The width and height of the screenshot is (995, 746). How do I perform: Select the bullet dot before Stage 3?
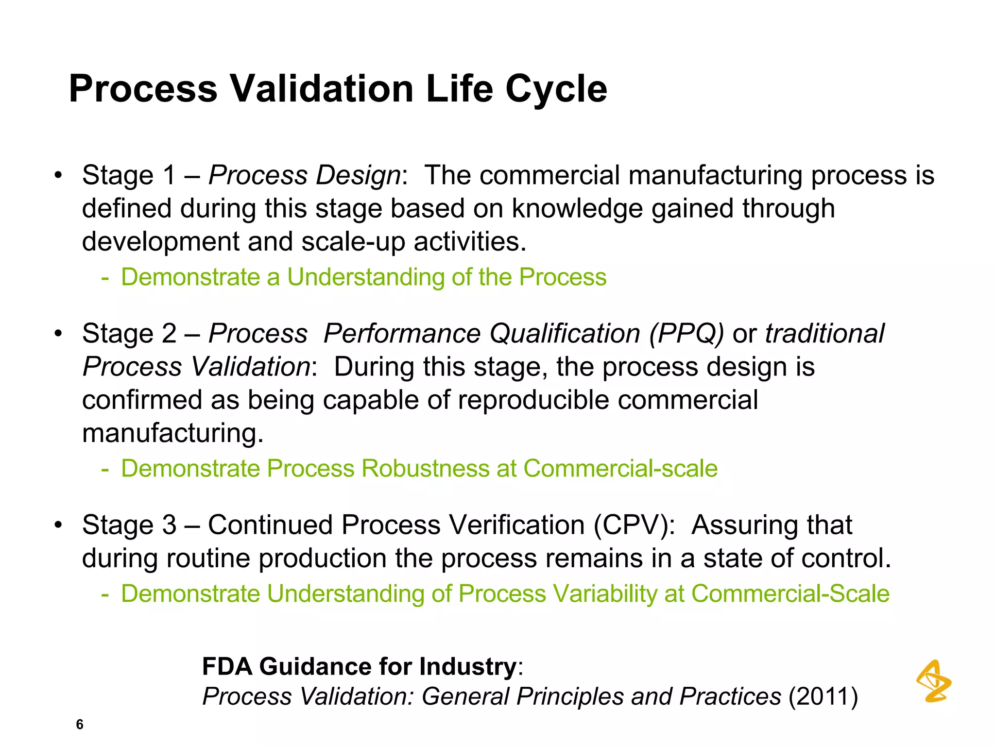click(x=58, y=525)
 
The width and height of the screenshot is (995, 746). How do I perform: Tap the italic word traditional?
click(x=824, y=334)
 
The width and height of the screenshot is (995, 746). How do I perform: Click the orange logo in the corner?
click(x=933, y=681)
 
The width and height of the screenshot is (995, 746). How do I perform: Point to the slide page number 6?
click(x=80, y=724)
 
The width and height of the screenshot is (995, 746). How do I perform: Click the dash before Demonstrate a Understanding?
click(x=104, y=278)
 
